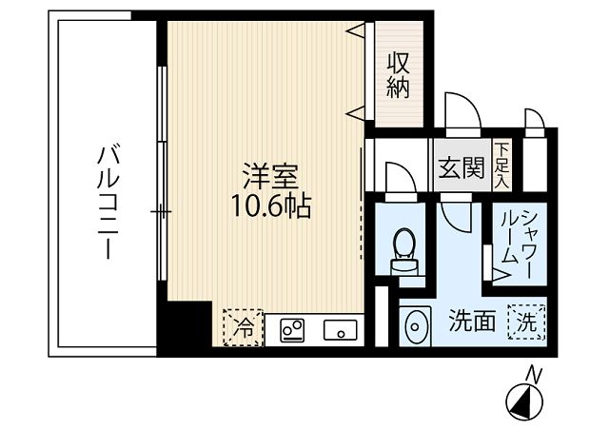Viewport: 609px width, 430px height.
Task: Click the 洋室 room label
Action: [270, 178]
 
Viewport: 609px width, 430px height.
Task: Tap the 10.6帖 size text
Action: [270, 205]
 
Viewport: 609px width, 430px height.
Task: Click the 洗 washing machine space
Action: [527, 322]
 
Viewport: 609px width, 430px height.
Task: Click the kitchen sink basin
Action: [340, 331]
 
